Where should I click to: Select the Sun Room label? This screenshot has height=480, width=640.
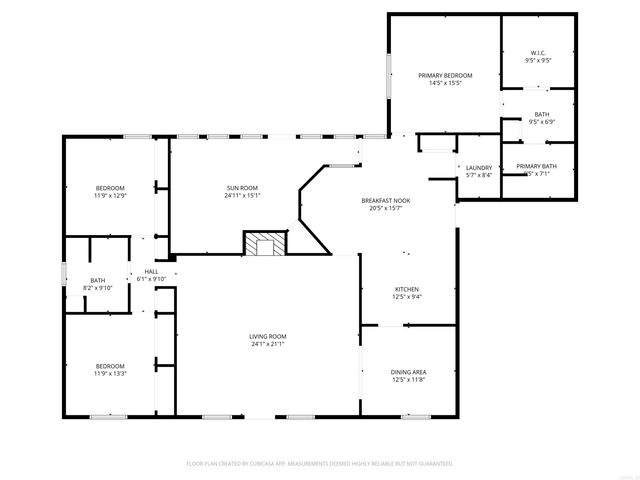point(242,187)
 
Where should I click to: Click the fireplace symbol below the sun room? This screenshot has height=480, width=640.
point(265,244)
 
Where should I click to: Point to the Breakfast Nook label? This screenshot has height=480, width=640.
point(385,200)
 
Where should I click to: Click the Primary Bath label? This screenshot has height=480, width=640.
point(537,166)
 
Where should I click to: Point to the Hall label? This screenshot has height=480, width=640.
point(151,271)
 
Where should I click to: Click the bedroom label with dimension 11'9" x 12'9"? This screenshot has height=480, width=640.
point(110,188)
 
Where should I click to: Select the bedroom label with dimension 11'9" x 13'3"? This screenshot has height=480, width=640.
point(110,365)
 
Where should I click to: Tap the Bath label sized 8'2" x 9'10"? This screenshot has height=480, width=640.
point(98,280)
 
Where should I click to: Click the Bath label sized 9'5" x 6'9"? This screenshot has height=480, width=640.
point(541,114)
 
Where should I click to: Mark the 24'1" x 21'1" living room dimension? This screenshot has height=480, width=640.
point(268,344)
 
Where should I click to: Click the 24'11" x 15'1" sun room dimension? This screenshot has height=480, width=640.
point(242,195)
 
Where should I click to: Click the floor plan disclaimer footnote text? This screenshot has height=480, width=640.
point(320,464)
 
